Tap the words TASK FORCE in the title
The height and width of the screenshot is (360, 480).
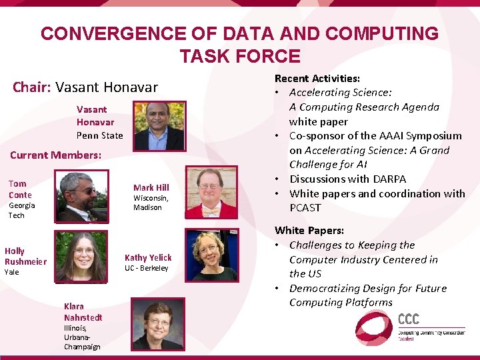tap(240, 56)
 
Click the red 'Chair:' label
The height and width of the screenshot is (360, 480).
tap(32, 87)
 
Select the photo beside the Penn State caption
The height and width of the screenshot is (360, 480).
tap(159, 126)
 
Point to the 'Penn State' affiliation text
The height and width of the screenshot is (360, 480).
tap(99, 135)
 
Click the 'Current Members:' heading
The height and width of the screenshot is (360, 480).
tap(55, 155)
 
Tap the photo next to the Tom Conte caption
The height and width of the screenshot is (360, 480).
tap(82, 196)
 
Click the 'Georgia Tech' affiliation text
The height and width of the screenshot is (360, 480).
tap(21, 210)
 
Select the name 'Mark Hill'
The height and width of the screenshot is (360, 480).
tap(151, 188)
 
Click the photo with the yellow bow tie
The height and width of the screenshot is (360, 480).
tap(211, 193)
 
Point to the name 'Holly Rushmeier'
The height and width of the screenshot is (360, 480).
tap(25, 256)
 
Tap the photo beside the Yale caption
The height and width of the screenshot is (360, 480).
tap(81, 255)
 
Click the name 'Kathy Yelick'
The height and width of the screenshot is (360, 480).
tap(148, 258)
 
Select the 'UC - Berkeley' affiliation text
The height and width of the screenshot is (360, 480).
tap(147, 269)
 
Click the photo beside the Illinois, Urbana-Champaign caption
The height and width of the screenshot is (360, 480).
tap(157, 325)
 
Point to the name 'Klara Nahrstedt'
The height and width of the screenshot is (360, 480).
tap(83, 312)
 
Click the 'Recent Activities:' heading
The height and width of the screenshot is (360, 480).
tap(318, 79)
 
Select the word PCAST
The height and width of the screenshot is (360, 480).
tap(305, 207)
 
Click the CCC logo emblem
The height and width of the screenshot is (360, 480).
tap(375, 327)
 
